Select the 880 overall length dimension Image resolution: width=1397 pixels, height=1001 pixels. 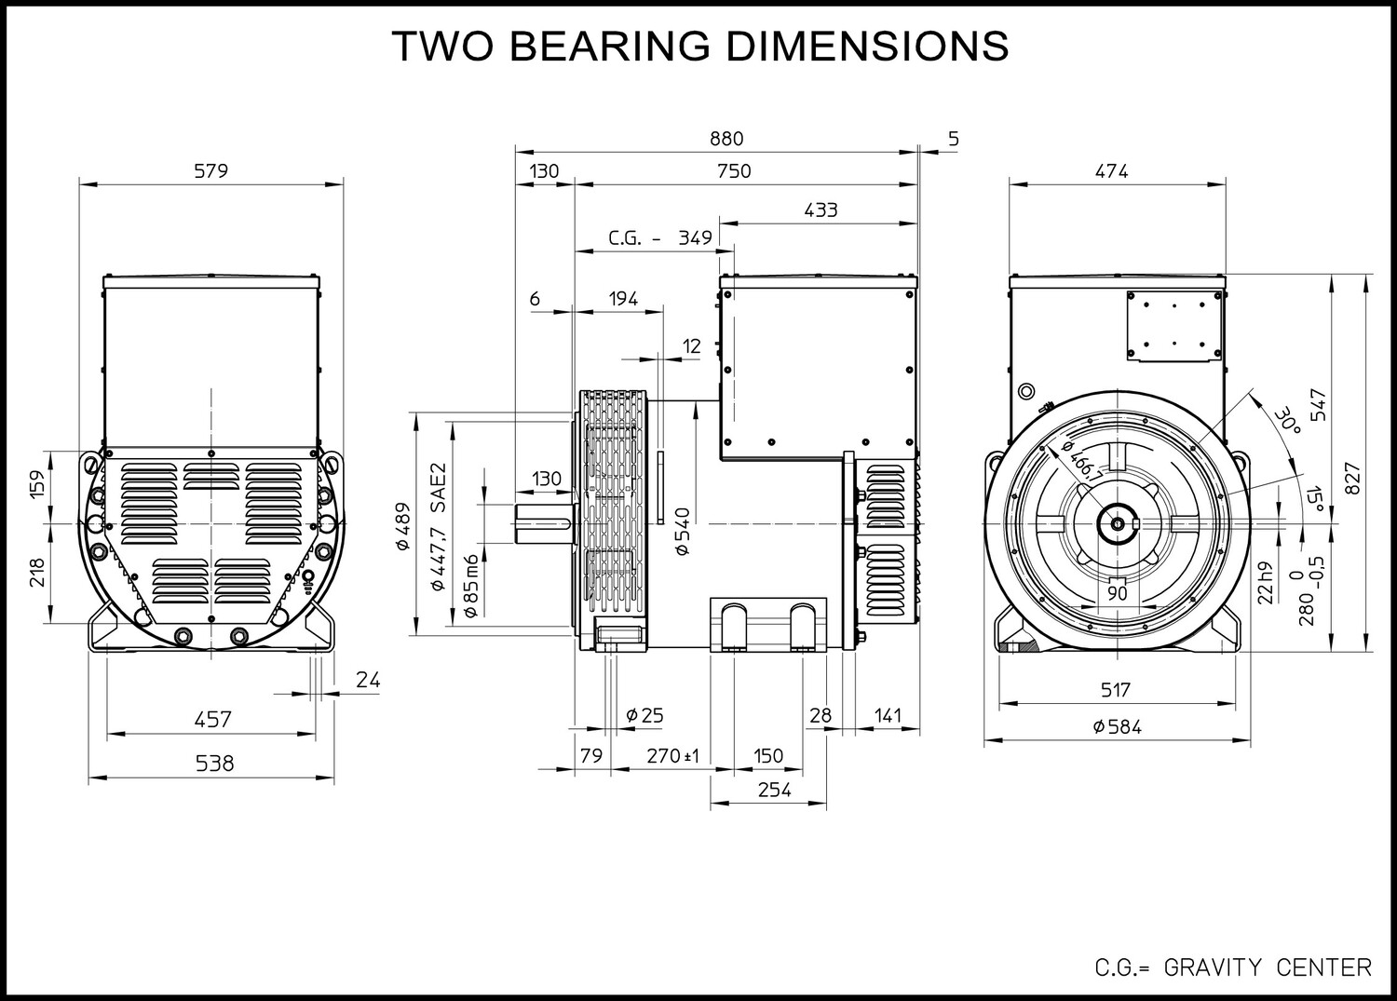pyautogui.click(x=726, y=139)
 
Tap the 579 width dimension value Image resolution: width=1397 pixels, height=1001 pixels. pyautogui.click(x=211, y=171)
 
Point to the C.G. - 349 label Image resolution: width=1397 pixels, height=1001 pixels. pyautogui.click(x=660, y=237)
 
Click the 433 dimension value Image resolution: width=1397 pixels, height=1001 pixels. pyautogui.click(x=821, y=210)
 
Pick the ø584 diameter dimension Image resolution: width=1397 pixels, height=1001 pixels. pyautogui.click(x=1117, y=726)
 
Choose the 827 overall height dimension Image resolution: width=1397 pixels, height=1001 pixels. pyautogui.click(x=1352, y=479)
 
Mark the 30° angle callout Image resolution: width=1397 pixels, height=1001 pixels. pyautogui.click(x=1286, y=422)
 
